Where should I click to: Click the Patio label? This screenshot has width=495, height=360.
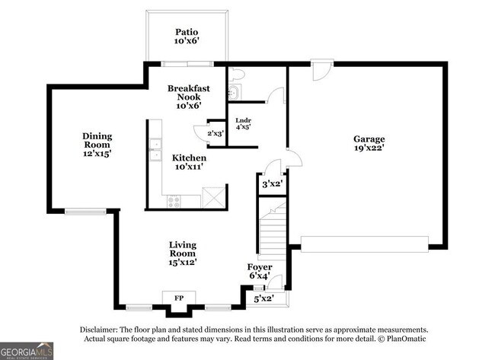point(187,32)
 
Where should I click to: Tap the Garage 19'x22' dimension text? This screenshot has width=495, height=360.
point(369,148)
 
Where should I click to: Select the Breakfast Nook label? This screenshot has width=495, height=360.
point(188,92)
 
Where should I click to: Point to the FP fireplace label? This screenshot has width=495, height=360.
point(179,298)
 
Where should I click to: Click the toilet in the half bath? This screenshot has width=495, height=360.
point(236,75)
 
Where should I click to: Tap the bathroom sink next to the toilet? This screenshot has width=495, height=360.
point(235,92)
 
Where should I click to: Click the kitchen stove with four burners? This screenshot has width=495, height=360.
point(174,202)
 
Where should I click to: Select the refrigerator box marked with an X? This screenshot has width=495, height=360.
point(214,198)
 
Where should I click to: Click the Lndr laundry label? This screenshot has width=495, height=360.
point(244,120)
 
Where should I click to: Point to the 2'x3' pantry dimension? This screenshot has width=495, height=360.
point(216,133)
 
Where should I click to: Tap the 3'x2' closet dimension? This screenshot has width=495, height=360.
point(272,183)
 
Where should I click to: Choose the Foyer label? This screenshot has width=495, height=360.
point(260,267)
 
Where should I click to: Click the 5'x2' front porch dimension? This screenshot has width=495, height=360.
point(264,298)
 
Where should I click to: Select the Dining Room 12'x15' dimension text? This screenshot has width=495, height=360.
point(97,154)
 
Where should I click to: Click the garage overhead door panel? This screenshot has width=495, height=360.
point(365,244)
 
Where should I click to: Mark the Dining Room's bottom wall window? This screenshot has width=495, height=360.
point(85,211)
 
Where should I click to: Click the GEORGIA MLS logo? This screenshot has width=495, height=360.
point(27,351)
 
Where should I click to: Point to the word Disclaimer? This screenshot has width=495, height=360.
point(99,330)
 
